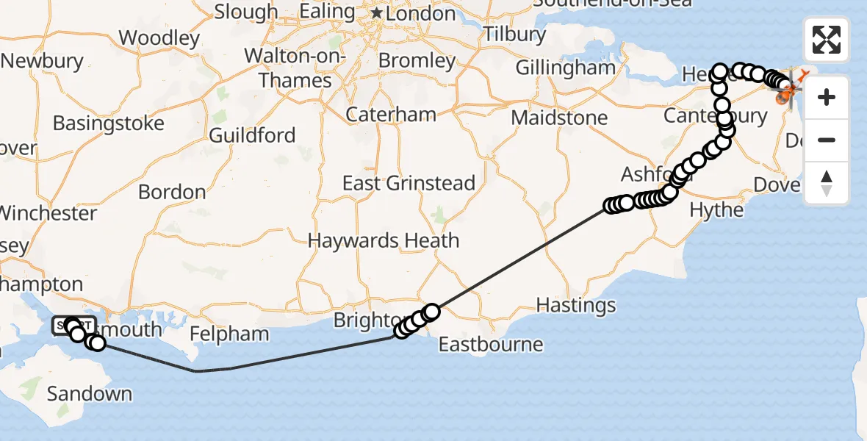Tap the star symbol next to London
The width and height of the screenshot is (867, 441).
377,13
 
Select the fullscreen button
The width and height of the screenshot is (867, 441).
827,40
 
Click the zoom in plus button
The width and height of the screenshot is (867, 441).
827,97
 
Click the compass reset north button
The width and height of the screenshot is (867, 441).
827,183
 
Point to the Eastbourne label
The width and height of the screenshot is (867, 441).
491,344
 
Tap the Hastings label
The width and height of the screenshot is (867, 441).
575,304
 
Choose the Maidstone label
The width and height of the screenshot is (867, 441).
559,118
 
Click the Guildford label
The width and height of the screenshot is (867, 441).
252,135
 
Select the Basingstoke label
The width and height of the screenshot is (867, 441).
108,123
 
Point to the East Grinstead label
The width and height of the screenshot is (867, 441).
409,183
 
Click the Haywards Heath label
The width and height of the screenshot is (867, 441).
383,240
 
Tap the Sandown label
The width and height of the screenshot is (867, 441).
90,394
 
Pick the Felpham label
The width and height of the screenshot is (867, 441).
229,334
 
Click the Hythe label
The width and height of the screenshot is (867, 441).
716,210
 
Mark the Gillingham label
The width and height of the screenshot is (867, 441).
565,68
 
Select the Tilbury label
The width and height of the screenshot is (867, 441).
514,34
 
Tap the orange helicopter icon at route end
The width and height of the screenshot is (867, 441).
788,91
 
